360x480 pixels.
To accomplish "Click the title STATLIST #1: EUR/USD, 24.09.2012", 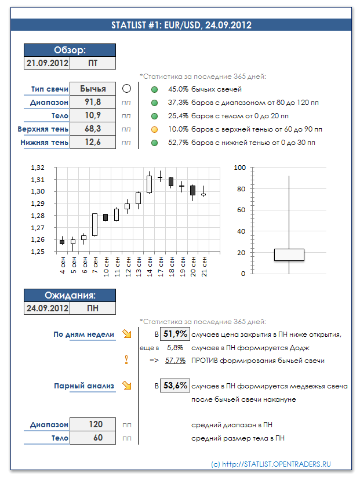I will coord(181,25).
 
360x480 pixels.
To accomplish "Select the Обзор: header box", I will coord(70,50).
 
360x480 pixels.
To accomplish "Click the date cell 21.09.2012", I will coord(47,63).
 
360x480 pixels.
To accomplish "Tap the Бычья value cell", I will coord(93,89).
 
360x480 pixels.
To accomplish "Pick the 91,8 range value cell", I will coord(93,102).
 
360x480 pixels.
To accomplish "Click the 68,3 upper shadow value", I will coord(93,129).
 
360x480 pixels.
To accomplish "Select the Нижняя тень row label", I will coord(44,142).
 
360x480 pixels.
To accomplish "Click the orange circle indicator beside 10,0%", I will coord(154,129).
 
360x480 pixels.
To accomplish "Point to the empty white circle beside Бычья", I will coord(127,89).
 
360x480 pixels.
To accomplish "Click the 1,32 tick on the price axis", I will coord(37,168).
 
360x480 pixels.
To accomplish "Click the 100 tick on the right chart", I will coord(239,168).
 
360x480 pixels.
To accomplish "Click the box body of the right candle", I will coord(289,254).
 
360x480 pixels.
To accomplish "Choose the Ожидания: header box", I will coord(70,295).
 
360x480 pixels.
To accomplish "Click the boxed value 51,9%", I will coord(174,334).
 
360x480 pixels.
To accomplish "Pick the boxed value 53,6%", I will coord(174,386).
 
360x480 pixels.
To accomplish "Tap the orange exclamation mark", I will coord(126,360).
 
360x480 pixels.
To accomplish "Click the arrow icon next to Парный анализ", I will coord(126,386).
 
